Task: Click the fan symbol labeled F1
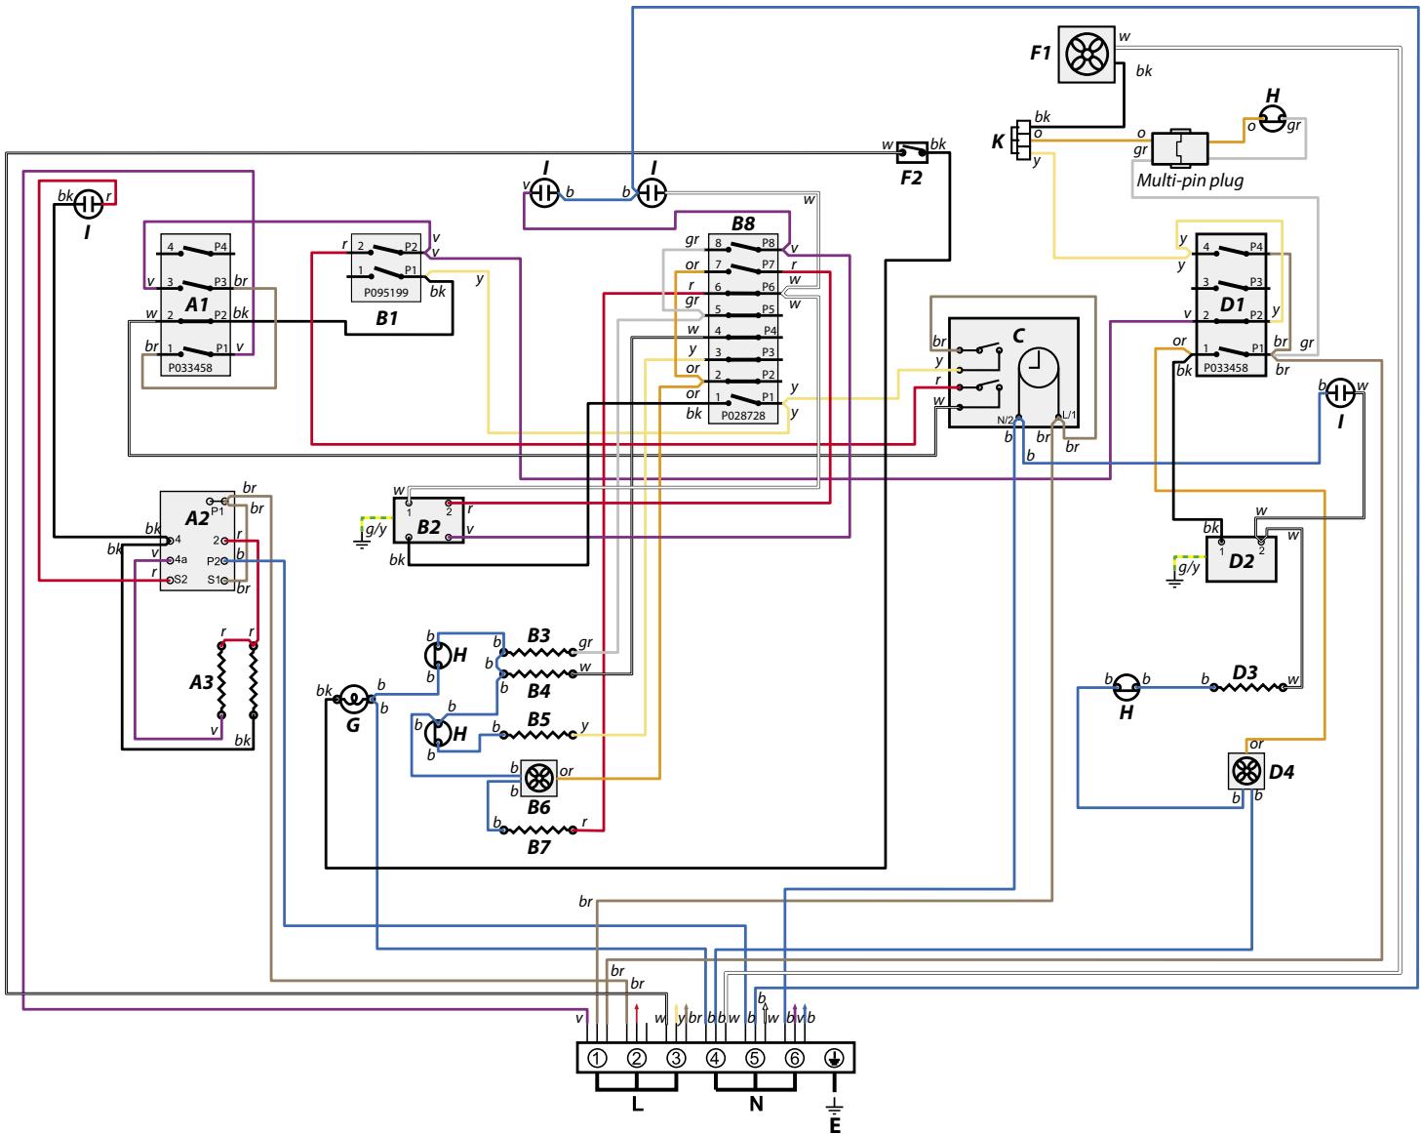pos(1086,55)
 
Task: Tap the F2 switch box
pos(911,152)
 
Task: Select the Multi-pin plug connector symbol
pos(1179,148)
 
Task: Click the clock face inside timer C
pos(1037,367)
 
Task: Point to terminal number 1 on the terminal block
pos(597,1059)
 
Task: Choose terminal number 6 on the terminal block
pos(794,1059)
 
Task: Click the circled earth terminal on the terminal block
pos(834,1059)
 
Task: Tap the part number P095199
pos(385,293)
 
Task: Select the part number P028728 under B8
pos(742,416)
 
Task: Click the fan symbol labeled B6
pos(539,778)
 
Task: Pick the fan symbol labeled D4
pos(1245,771)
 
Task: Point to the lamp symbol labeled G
pos(353,700)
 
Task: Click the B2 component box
pos(428,521)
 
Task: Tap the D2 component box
pos(1242,560)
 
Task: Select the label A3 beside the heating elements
pos(202,682)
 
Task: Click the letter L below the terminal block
pos(637,1104)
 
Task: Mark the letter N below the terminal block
pos(756,1104)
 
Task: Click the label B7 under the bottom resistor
pos(538,847)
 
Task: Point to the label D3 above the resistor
pos(1245,672)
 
